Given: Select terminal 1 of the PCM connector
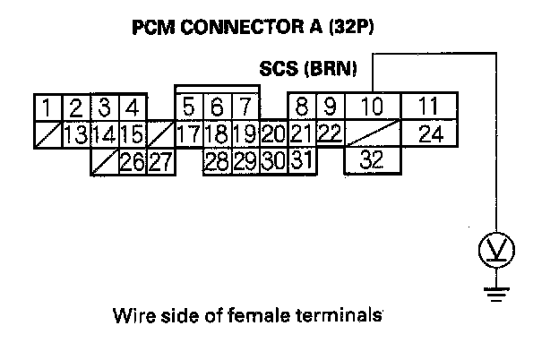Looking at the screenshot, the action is pos(46,107).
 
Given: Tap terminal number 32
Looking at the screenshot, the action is pos(373,160).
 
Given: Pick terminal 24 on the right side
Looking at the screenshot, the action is pos(429,134).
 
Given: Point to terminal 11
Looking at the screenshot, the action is pos(429,107).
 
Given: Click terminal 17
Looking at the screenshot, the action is pos(188,135).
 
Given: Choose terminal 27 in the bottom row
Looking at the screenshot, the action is pos(160,162).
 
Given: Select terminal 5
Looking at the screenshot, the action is pos(189,107).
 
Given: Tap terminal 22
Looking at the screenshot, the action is pos(330,133).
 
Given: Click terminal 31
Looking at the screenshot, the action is pos(301,162).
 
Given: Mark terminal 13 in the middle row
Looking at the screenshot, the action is pos(75,135).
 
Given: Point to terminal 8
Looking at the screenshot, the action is pos(302,107).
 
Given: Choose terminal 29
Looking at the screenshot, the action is pos(244,162).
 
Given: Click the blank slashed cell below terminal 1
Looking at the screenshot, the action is pos(47,134).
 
